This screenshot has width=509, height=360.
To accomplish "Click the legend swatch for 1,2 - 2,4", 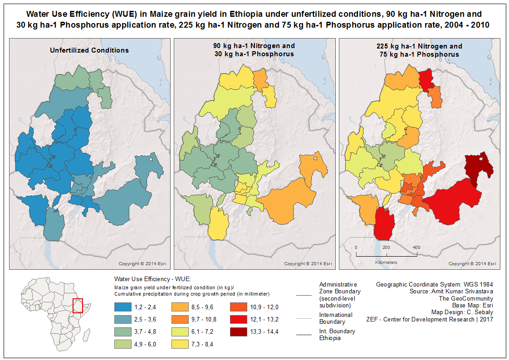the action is [x=122, y=307].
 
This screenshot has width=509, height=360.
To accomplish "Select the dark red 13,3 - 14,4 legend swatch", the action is [x=238, y=332].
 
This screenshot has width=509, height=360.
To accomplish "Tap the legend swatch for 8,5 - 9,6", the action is [x=180, y=307].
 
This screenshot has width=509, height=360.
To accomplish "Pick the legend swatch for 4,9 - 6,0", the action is [x=122, y=344].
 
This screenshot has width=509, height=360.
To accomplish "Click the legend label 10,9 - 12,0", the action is [x=264, y=307].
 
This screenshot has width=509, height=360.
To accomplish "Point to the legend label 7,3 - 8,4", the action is [x=202, y=345].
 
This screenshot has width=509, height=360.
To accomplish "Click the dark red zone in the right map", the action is [x=479, y=169].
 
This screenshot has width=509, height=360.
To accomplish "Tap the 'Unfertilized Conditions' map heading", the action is [x=89, y=50].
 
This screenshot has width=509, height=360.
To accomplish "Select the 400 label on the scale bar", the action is [x=416, y=247].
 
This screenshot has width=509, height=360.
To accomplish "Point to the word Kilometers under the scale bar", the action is [x=386, y=263].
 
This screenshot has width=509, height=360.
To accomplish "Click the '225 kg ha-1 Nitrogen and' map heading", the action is [x=419, y=46].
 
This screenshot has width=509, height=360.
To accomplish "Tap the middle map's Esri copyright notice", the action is [x=308, y=264].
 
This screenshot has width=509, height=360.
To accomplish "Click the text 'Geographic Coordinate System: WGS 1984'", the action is [x=434, y=284].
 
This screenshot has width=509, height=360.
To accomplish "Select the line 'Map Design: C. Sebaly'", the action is [x=462, y=312].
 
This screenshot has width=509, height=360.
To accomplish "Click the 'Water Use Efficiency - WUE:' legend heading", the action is [x=152, y=279].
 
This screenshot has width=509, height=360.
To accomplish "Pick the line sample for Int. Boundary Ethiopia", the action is [x=304, y=335].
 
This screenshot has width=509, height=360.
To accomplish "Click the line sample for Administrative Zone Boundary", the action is [x=304, y=295].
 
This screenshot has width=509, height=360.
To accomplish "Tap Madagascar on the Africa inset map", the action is [x=86, y=335].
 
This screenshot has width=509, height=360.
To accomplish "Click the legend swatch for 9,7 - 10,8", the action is [x=180, y=320].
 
